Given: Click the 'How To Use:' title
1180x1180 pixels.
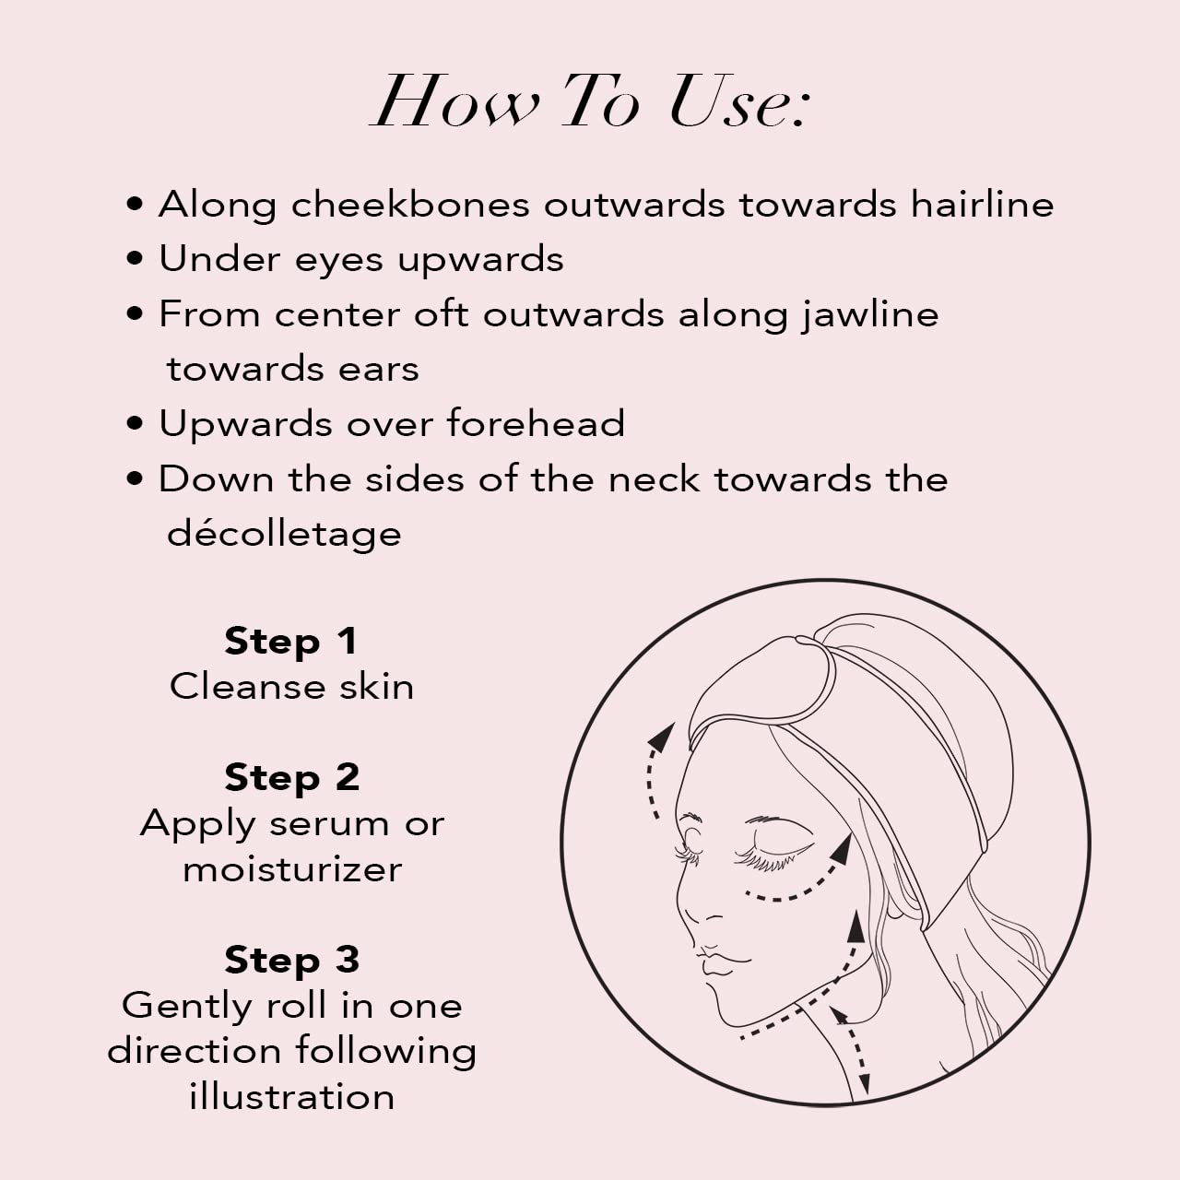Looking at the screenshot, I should click(590, 101).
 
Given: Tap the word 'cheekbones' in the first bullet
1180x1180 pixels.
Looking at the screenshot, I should click(410, 205).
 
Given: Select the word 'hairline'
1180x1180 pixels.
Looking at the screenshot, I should click(982, 205).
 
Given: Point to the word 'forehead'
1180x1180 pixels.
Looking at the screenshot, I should click(536, 424).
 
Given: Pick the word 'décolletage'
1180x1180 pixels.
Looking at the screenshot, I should click(284, 534).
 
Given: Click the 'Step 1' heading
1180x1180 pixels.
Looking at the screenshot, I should click(291, 641).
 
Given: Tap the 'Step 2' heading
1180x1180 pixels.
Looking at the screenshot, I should click(291, 777).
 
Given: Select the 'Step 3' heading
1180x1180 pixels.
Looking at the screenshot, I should click(291, 960).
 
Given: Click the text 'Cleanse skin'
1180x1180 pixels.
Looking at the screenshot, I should click(291, 687).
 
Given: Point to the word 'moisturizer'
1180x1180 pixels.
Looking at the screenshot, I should click(291, 868).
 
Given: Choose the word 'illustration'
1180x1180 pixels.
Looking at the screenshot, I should click(291, 1097).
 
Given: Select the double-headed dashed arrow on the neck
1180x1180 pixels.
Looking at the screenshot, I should click(852, 1051).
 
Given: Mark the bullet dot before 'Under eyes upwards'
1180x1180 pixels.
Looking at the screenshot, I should click(136, 259).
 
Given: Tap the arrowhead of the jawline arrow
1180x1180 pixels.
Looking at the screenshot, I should click(856, 926).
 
